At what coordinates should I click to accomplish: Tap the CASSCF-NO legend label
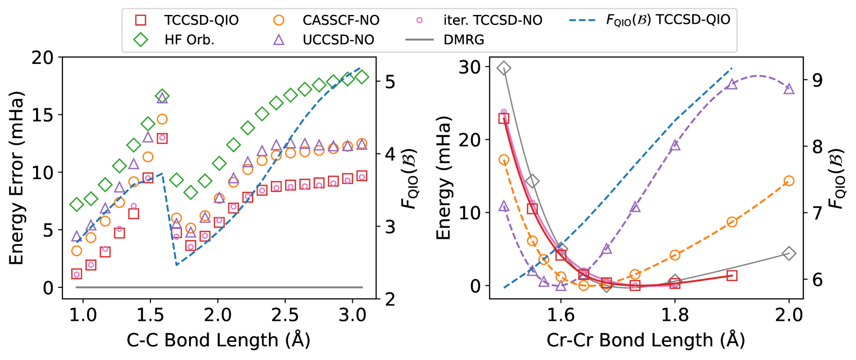coord(340,20)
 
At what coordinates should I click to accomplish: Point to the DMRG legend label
coord(464,40)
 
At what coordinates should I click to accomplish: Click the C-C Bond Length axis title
coord(218,340)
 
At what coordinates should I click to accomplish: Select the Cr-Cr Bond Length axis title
coord(646,340)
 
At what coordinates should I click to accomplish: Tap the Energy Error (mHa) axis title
coord(16,178)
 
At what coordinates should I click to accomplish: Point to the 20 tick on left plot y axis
coord(42,58)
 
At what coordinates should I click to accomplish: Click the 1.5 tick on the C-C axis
coord(150,315)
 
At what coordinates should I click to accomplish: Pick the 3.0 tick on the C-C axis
coord(352,315)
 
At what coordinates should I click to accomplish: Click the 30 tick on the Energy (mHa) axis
coord(469,67)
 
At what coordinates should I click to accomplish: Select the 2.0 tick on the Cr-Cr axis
coord(789,315)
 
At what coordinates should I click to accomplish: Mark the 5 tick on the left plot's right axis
coord(390,81)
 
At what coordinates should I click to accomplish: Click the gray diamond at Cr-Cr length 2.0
coord(789,253)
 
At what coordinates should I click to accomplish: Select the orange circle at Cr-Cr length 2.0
coord(789,181)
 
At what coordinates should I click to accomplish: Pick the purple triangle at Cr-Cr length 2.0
coord(789,89)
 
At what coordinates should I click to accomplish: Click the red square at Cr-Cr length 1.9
coord(732,276)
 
